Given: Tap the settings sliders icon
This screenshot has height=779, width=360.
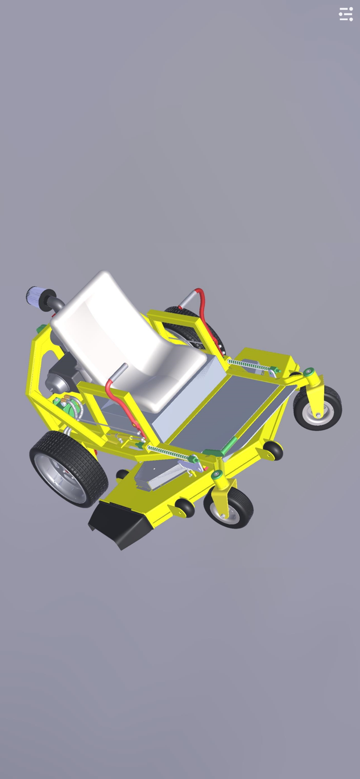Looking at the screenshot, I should [x=346, y=14].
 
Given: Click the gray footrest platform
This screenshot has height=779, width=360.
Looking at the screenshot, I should [x=229, y=410].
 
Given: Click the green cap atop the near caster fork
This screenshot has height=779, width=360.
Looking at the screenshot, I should [x=215, y=474].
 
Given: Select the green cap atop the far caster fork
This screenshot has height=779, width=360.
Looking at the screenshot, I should [x=310, y=371].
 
